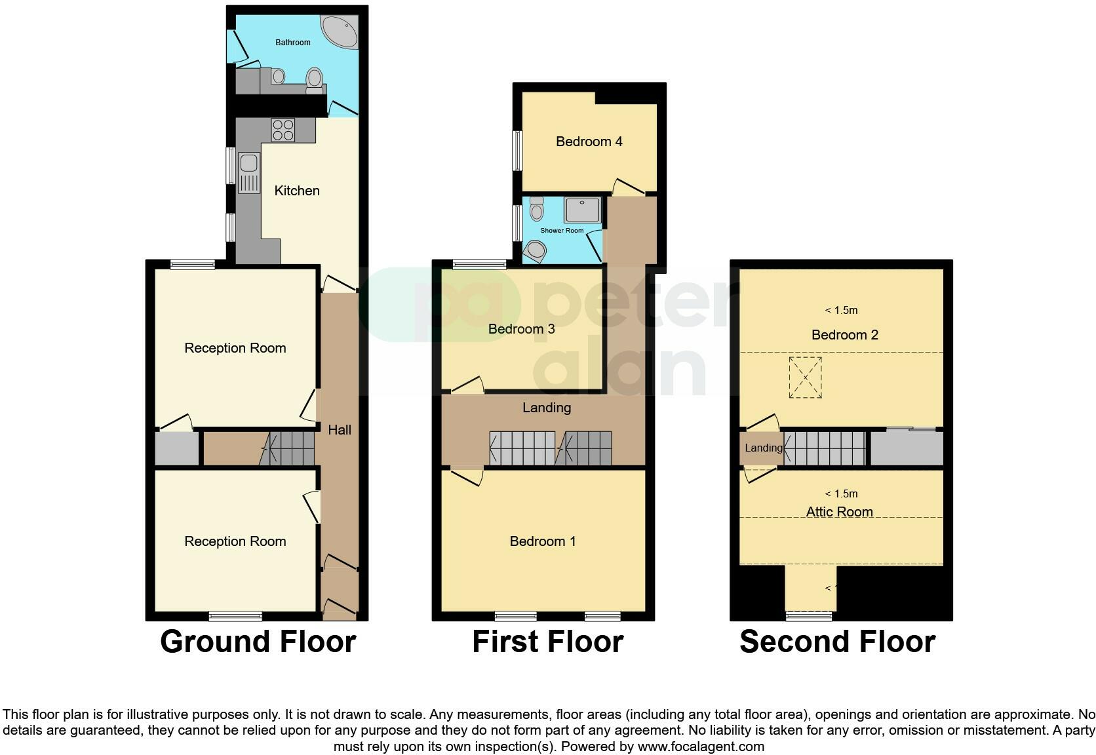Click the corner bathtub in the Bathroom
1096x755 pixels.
click(341, 31)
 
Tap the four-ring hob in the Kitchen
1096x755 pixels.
click(283, 130)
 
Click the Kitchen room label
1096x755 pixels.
click(297, 191)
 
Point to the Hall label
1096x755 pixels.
click(340, 430)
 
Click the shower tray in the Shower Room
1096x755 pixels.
click(582, 210)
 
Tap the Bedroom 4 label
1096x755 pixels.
click(589, 142)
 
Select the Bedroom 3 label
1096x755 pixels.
click(521, 329)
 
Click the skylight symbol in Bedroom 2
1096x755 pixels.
click(805, 377)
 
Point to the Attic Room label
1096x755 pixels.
click(839, 512)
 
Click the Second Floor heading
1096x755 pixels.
click(837, 642)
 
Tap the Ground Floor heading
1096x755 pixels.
click(258, 642)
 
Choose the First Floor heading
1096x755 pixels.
click(547, 642)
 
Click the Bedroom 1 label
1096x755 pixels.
click(543, 541)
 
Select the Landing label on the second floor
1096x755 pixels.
click(763, 448)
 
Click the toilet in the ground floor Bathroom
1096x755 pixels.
click(315, 79)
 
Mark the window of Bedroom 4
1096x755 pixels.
click(518, 151)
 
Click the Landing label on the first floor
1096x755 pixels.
click(546, 408)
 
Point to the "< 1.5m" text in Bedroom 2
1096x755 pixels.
click(841, 310)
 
